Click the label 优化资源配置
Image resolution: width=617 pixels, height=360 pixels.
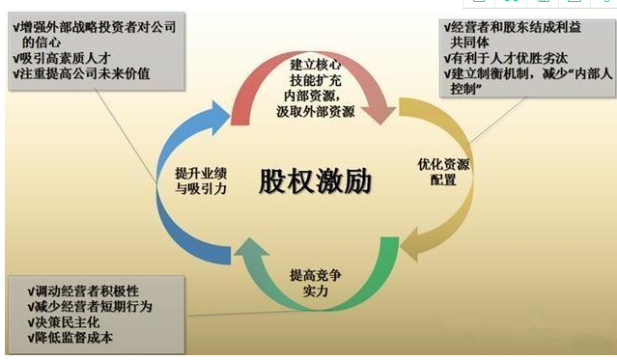444,171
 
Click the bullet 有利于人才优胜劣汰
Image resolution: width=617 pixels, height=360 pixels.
507,59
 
